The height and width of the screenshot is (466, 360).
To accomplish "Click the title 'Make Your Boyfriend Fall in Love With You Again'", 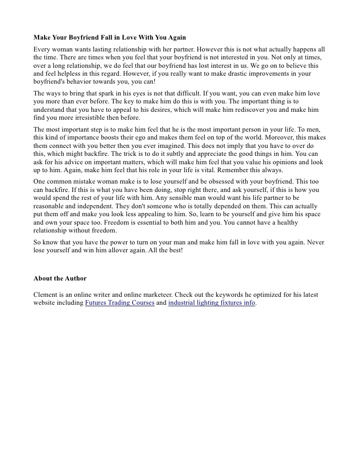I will (x=110, y=38).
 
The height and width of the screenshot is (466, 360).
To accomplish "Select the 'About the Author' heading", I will (x=60, y=279).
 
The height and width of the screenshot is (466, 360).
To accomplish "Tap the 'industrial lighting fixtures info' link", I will (x=212, y=303).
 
